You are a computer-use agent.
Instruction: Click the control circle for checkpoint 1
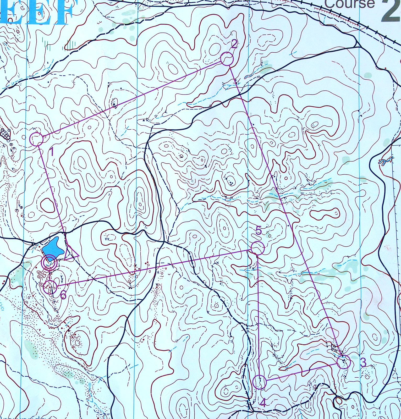[36, 139]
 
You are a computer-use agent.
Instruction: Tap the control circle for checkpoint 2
[227, 59]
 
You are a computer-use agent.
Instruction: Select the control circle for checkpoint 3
[344, 362]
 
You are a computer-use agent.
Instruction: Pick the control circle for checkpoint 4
[260, 382]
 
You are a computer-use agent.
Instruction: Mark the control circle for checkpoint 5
[257, 248]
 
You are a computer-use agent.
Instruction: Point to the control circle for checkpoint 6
[50, 287]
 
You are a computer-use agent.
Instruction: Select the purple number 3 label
[363, 362]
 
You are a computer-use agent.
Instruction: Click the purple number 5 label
[258, 231]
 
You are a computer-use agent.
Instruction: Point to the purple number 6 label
[63, 295]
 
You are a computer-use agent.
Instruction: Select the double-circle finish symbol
[49, 262]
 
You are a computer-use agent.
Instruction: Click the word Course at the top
[349, 4]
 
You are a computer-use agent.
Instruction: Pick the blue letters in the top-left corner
[37, 12]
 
